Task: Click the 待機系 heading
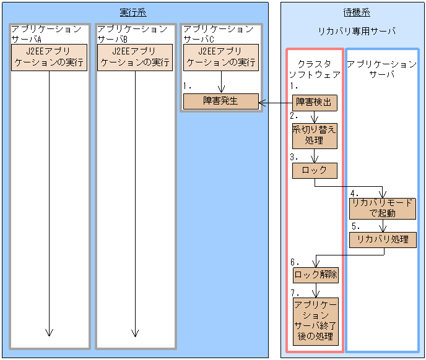357,12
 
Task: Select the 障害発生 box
220,101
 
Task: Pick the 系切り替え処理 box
315,135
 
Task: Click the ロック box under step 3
315,171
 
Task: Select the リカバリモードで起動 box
381,208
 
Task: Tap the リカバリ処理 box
381,239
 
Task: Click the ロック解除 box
315,274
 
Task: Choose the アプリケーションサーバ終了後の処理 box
315,321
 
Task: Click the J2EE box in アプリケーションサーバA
49,57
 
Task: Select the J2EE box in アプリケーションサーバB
135,57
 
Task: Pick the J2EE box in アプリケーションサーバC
221,57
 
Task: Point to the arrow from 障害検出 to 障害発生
275,103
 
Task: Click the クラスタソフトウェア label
315,69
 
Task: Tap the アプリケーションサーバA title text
46,34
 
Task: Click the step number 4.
354,192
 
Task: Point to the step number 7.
294,293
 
